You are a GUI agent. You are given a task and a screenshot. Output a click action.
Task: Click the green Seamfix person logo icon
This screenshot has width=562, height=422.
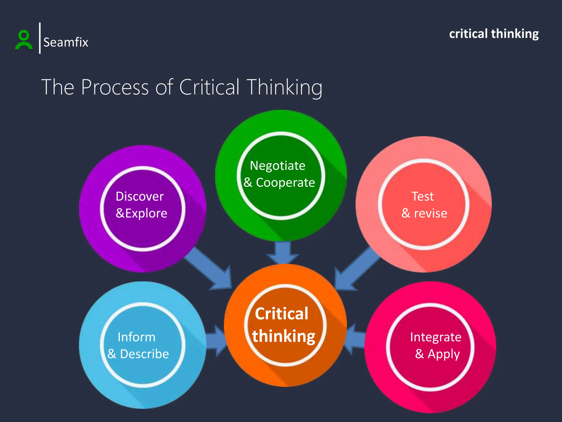tap(24, 40)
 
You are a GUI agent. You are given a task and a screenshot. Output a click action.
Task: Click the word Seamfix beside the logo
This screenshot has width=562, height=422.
tap(66, 42)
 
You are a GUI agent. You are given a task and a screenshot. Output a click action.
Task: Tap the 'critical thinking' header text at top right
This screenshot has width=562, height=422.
tap(494, 34)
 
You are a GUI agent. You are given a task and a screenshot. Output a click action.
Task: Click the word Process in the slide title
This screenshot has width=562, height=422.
tap(115, 87)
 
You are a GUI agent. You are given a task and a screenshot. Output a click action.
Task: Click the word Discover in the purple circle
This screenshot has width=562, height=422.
tap(140, 196)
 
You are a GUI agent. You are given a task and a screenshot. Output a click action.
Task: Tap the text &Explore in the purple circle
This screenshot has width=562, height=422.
tap(141, 213)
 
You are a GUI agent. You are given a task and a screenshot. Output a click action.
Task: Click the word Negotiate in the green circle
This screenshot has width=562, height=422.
tap(277, 166)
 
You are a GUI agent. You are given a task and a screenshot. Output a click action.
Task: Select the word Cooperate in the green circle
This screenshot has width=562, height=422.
tap(285, 182)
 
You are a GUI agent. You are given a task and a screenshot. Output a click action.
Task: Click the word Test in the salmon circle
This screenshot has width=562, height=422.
tap(423, 196)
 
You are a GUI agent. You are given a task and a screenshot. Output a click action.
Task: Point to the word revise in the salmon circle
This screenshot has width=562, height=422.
tap(431, 213)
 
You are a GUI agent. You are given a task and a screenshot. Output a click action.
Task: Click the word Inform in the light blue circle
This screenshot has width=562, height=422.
tap(136, 337)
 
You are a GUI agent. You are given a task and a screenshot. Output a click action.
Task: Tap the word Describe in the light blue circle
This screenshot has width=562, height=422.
tap(144, 354)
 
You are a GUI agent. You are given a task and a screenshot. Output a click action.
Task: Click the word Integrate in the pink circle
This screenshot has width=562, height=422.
tap(435, 337)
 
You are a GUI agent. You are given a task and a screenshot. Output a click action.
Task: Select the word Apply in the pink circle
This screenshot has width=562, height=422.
tap(443, 354)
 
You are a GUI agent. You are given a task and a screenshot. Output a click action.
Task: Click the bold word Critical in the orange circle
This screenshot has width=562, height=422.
tap(282, 313)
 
